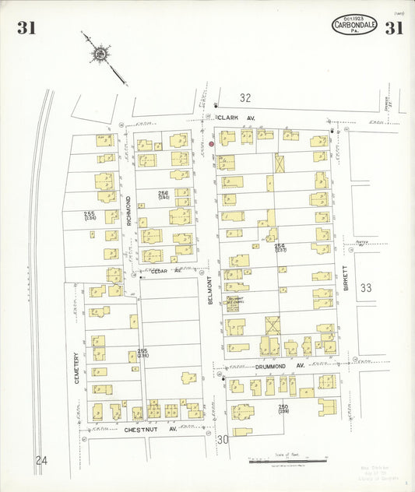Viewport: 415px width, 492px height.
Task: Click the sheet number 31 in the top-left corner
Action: pos(26,29)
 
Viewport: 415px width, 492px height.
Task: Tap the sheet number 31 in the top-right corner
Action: pos(393,29)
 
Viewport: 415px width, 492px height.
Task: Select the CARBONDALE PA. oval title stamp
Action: pos(354,25)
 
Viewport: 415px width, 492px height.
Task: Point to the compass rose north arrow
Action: pos(100,54)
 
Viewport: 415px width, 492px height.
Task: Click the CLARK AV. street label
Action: pos(235,118)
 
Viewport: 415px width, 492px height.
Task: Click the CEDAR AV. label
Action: pos(164,271)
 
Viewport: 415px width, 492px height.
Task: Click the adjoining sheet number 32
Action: pos(245,98)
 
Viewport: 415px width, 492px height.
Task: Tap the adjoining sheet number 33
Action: pos(366,288)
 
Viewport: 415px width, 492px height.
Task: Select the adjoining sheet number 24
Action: pos(40,461)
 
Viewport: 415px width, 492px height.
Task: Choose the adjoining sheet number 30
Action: pos(223,440)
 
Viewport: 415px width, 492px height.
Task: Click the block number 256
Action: pos(163,193)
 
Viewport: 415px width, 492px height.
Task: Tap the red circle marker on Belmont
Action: pos(211,143)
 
